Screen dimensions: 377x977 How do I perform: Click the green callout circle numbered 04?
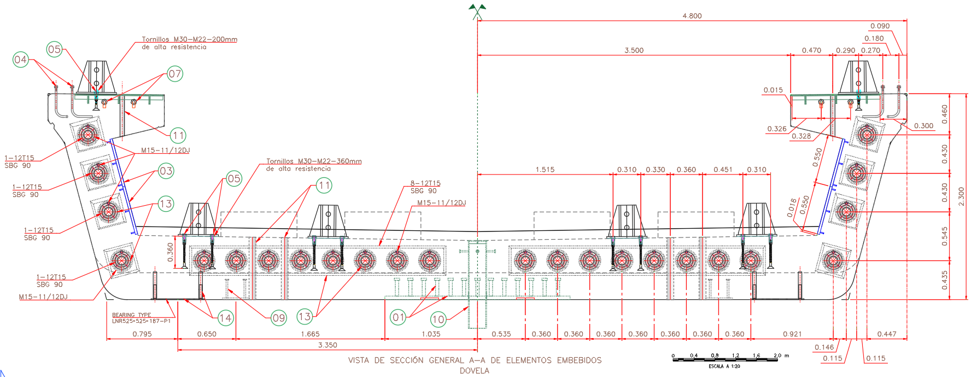tap(20, 60)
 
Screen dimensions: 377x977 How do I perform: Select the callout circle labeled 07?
tap(175, 74)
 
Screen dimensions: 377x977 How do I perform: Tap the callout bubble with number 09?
tap(279, 318)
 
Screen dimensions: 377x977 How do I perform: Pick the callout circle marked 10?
tap(438, 319)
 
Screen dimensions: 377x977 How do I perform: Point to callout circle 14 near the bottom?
tap(225, 318)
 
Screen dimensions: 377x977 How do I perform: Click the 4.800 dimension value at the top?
tap(692, 16)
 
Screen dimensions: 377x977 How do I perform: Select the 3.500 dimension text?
tap(634, 50)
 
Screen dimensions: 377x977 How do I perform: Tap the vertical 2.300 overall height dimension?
tap(961, 197)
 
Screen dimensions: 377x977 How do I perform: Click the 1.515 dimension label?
tap(545, 170)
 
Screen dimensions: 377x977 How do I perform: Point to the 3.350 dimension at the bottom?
tap(327, 345)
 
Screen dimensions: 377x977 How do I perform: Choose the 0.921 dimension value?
tap(792, 334)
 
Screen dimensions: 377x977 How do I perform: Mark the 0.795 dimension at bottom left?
tap(142, 334)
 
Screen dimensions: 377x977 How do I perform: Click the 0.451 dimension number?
tap(723, 170)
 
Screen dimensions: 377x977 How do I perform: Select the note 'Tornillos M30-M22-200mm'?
tap(189, 39)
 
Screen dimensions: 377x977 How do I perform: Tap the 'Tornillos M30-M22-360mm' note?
tap(314, 161)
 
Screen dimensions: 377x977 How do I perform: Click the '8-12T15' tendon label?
tap(425, 183)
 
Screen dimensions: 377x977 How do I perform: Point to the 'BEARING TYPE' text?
tap(131, 315)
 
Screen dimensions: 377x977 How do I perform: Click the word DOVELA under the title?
tap(474, 370)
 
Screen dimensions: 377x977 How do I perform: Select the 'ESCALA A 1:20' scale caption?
tap(724, 366)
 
